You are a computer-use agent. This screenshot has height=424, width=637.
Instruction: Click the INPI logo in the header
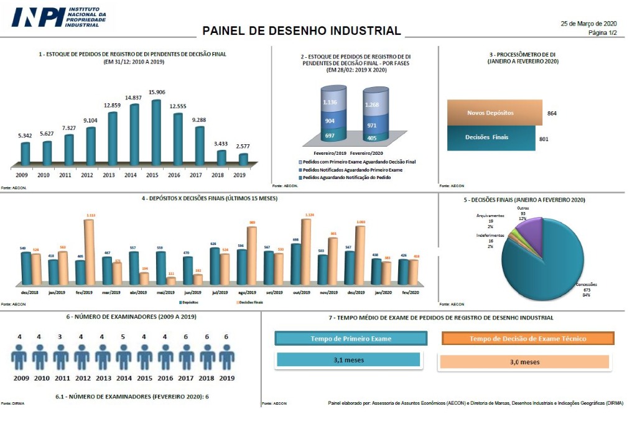coord(59,17)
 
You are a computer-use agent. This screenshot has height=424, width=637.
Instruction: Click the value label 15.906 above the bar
coord(156,93)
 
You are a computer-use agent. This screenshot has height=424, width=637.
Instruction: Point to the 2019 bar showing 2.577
coord(243,159)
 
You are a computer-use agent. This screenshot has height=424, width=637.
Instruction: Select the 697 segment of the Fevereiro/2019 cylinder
coord(329,136)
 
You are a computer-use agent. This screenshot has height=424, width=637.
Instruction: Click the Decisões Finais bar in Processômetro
coord(491,137)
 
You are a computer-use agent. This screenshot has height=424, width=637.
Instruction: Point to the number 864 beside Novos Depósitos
coord(552,114)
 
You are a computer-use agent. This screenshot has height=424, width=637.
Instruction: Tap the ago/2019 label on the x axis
coord(247,292)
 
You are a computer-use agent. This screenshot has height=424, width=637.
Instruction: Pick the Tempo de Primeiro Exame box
coord(351,338)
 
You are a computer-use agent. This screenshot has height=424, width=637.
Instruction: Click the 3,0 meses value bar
coord(524,362)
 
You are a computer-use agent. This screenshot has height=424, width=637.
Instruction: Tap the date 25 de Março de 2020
coord(588,24)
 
